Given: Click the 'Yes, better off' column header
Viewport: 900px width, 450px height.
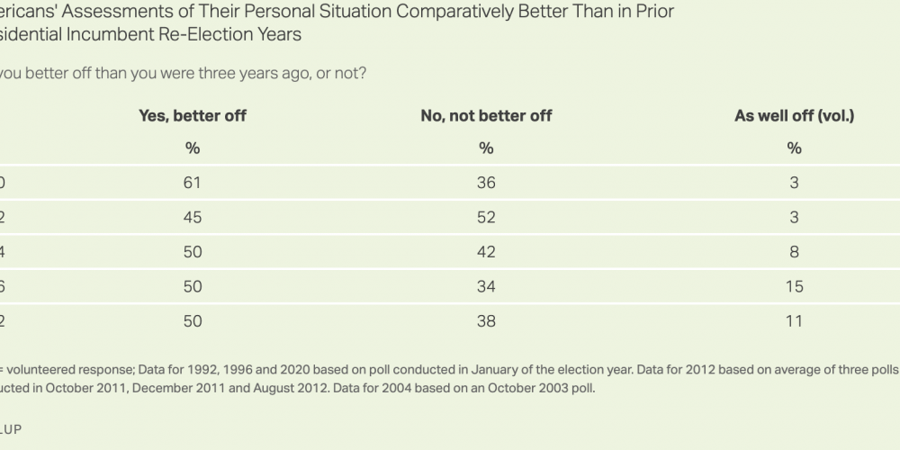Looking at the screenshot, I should tap(192, 115).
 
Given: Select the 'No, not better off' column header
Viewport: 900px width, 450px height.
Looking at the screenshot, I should tap(486, 115).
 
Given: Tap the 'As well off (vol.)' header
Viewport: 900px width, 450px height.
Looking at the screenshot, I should tap(794, 115).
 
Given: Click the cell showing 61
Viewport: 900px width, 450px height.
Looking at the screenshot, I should tap(192, 183).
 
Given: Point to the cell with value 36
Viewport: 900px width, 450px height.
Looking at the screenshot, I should tap(486, 183).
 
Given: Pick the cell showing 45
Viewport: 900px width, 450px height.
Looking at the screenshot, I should tap(192, 217).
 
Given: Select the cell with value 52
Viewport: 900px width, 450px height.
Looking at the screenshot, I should tap(486, 217).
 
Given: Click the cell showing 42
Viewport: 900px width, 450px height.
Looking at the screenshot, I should tap(486, 252).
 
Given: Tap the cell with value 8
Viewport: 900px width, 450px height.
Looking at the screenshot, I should tap(794, 252).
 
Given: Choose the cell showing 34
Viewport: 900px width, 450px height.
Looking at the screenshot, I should tap(486, 286).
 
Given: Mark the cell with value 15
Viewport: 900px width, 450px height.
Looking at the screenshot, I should tap(794, 286).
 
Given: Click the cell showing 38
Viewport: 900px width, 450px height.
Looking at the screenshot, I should tap(486, 320).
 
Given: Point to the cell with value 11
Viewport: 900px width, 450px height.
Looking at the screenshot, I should tap(794, 320).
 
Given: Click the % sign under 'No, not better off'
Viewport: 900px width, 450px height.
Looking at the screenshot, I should tap(486, 148).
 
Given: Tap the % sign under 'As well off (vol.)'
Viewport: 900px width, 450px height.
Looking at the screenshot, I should tap(794, 148).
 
